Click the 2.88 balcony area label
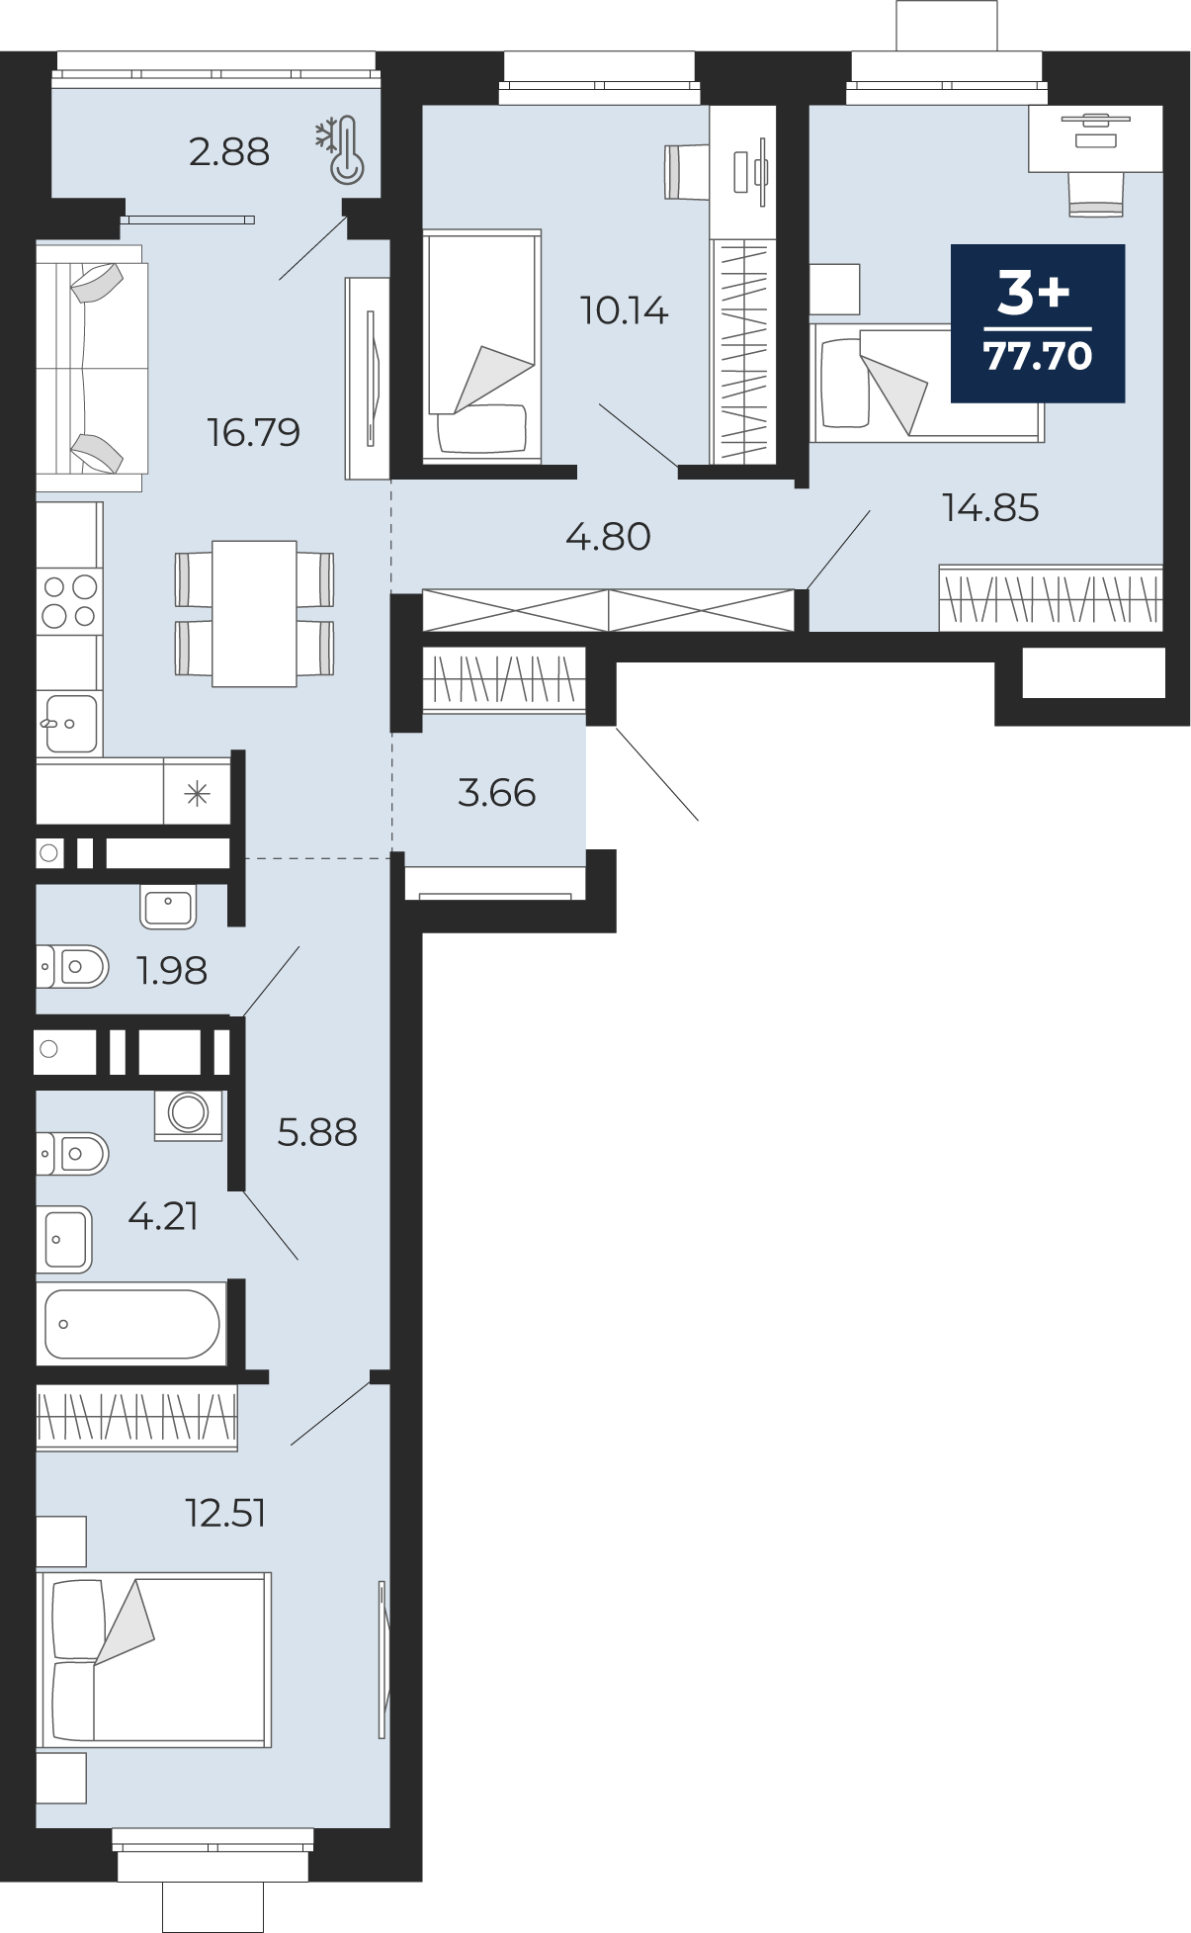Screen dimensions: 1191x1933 [229, 152]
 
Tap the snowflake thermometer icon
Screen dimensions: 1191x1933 [340, 150]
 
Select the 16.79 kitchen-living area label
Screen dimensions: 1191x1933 [254, 432]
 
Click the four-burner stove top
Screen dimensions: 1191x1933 [69, 601]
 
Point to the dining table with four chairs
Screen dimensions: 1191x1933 [254, 613]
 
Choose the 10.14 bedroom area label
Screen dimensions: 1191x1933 [625, 310]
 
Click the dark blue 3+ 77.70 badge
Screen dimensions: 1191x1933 [1038, 323]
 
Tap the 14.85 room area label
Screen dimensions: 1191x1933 [990, 508]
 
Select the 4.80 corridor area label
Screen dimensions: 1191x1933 [608, 537]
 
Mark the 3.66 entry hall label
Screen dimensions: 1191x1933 [497, 793]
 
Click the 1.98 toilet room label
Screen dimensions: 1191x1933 [172, 971]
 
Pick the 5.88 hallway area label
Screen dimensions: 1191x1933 [317, 1132]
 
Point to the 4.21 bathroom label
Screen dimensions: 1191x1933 [164, 1216]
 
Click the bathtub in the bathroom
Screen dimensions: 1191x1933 [131, 1324]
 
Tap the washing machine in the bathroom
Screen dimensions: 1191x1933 [188, 1114]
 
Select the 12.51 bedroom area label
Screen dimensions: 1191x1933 [226, 1514]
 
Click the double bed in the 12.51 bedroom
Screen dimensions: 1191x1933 [154, 1659]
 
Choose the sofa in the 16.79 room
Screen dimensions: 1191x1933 [91, 368]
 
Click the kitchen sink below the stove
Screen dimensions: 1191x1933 [70, 723]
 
